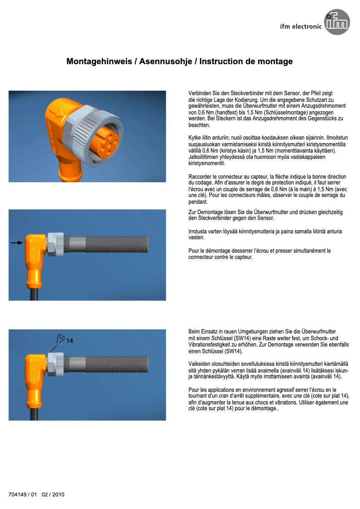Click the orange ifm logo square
click(338, 24)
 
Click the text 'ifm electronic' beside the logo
click(300, 26)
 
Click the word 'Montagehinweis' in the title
click(98, 61)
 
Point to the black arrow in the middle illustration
click(17, 242)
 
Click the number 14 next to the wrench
click(70, 341)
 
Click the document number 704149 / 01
click(22, 495)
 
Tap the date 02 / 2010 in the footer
click(53, 495)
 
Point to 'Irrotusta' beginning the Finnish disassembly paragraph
click(199, 232)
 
